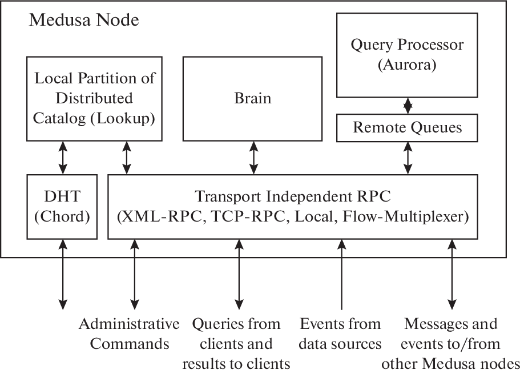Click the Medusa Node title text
84,21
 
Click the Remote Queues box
407,127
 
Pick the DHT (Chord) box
62,206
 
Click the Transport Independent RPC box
292,206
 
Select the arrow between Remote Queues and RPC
407,158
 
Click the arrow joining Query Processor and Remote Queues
407,106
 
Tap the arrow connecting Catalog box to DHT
62,158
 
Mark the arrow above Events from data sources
341,274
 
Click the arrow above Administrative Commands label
135,274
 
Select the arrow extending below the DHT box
62,274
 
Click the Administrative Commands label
129,334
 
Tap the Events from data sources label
341,334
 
